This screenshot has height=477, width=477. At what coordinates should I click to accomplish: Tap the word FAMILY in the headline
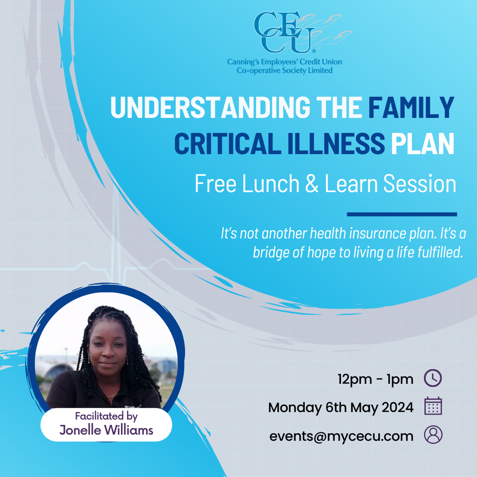point(411,107)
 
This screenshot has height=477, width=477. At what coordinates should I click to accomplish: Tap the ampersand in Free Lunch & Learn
point(312,184)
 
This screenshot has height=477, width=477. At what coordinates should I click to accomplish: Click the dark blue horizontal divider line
point(401,214)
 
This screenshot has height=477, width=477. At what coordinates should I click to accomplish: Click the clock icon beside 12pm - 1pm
point(433,379)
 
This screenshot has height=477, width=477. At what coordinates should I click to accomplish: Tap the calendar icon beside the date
point(433,407)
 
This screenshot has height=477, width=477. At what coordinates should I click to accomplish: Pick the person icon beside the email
point(433,435)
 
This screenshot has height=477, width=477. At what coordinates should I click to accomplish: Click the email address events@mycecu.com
point(341,436)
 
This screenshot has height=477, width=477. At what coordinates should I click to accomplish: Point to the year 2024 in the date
point(393,407)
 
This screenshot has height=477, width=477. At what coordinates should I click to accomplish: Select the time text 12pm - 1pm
point(375,379)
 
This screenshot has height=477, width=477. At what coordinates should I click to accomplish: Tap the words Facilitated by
point(106,416)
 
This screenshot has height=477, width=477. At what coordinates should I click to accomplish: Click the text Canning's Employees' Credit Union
point(284,62)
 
